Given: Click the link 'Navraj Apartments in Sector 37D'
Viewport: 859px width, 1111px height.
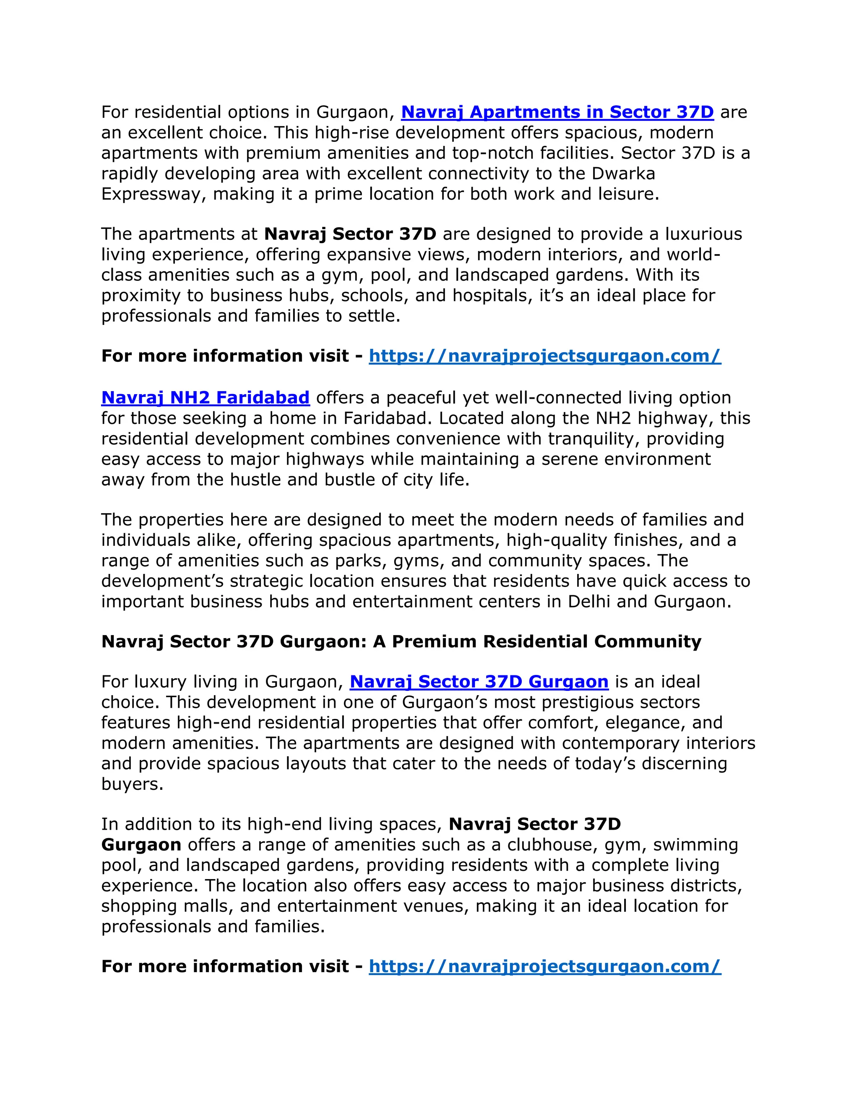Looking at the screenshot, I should click(x=557, y=112).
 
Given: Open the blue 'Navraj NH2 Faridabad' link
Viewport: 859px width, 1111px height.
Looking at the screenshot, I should click(x=206, y=397).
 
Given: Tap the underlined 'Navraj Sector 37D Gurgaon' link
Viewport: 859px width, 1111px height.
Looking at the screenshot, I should click(x=479, y=681).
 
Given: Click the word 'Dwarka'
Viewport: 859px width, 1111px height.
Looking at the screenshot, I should click(x=623, y=174).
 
